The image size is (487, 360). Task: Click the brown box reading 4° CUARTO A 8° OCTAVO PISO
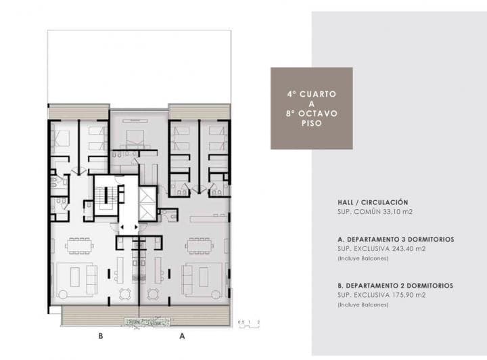pyautogui.click(x=311, y=108)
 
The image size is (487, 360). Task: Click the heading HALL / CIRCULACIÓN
pyautogui.click(x=373, y=202)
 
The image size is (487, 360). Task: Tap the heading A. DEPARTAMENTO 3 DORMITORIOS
pyautogui.click(x=396, y=240)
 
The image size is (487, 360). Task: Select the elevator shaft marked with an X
pyautogui.click(x=147, y=202)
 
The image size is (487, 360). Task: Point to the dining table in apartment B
pyautogui.click(x=80, y=245)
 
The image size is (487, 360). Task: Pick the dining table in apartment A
pyautogui.click(x=200, y=245)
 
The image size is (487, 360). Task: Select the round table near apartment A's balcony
pyautogui.click(x=154, y=294)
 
